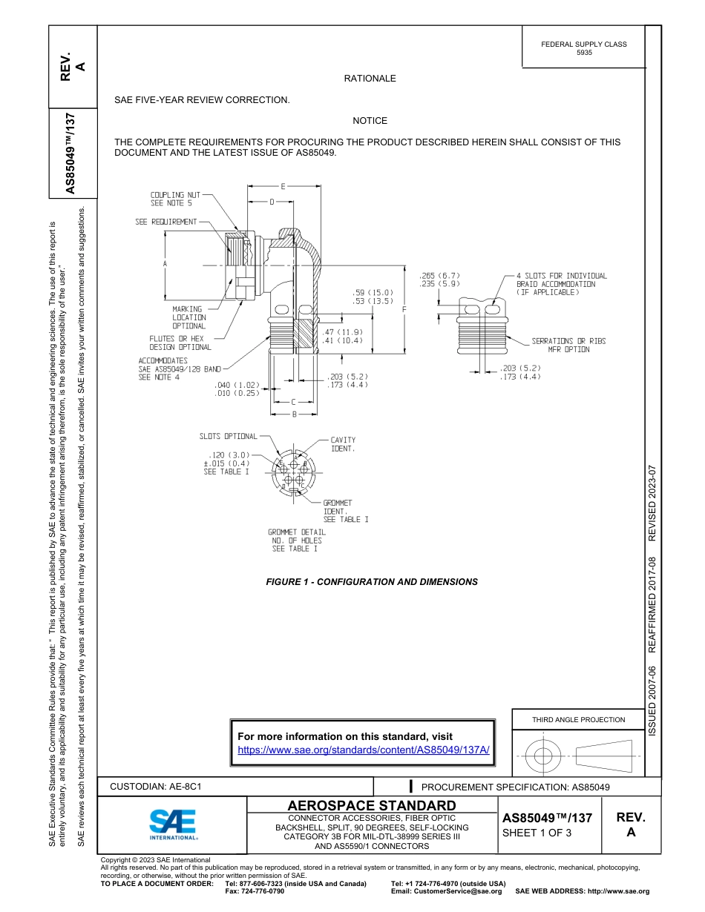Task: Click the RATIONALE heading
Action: pos(370,79)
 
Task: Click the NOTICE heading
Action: pos(370,121)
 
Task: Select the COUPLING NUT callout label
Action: pos(175,199)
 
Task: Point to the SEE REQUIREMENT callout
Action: pos(166,222)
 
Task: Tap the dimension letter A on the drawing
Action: pos(165,264)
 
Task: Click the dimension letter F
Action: pos(404,308)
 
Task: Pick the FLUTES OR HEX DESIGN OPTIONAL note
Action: pos(180,343)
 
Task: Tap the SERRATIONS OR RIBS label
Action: pos(568,341)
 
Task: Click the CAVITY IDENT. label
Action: pos(343,444)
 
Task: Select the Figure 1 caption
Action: pos(372,582)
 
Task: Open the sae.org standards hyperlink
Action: pos(364,750)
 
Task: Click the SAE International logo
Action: pos(172,823)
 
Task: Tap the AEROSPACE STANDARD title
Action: pos(372,805)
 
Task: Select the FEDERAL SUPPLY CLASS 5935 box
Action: pos(584,48)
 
